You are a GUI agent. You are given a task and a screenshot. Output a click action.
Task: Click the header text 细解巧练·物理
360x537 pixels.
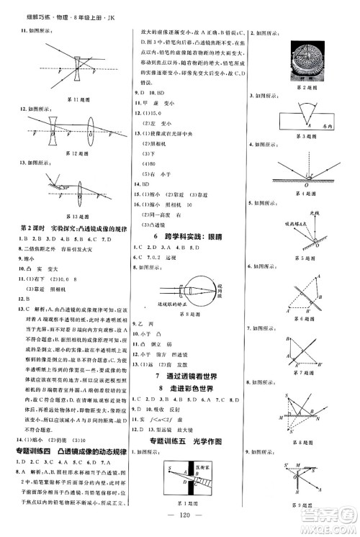40,10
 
